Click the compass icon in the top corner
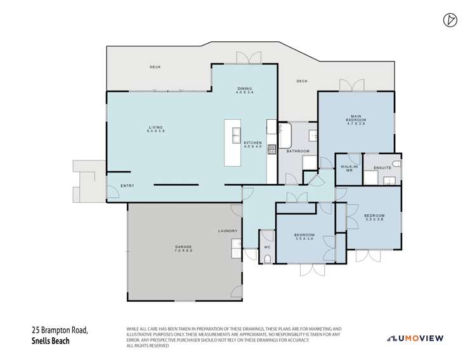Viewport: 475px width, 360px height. tap(448, 20)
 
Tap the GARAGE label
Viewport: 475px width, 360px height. tap(183, 248)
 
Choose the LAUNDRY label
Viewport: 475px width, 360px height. tap(228, 231)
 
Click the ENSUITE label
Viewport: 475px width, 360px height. tap(382, 168)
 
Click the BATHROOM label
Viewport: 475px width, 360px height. tap(297, 151)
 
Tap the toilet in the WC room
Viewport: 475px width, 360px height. tap(267, 258)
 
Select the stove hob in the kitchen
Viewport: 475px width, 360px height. tap(272, 150)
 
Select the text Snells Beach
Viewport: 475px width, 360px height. tap(51, 340)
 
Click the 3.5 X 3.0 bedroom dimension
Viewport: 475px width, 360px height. tap(305, 239)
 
